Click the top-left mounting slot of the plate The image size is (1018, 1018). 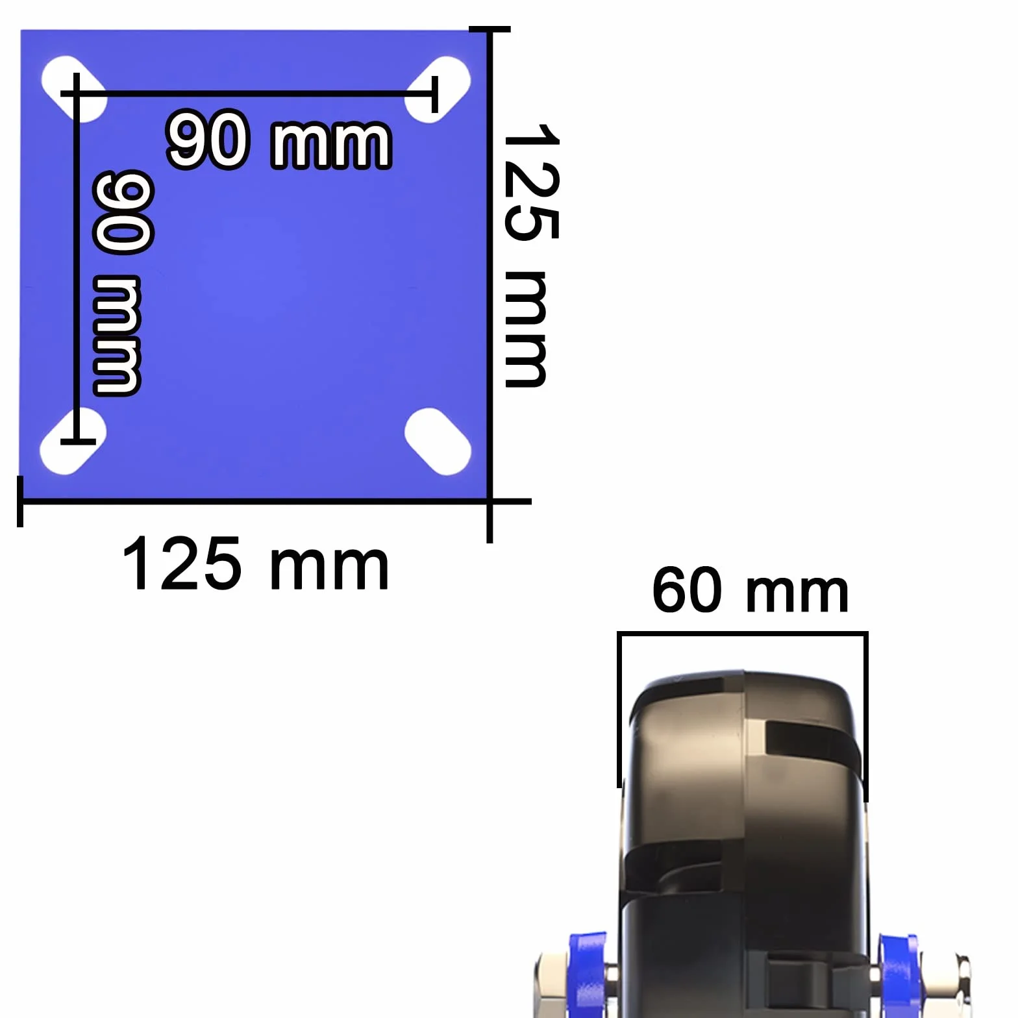point(73,89)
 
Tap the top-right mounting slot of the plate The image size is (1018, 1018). point(438,90)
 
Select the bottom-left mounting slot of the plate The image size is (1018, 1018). point(73,441)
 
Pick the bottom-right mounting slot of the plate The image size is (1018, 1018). point(438,441)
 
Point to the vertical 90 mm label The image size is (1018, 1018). point(121,282)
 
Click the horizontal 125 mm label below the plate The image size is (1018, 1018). point(255,564)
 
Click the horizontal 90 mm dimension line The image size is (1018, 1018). point(249,94)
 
